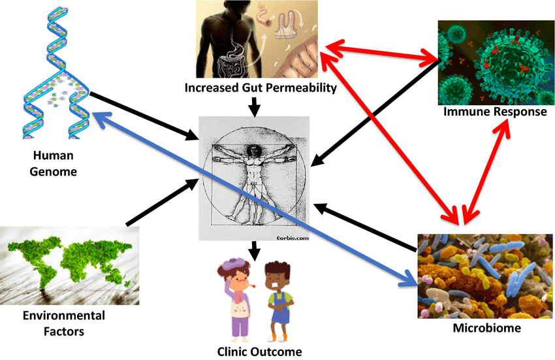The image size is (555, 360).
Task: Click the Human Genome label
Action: coord(55,164)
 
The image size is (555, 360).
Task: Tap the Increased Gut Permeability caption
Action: coord(260,87)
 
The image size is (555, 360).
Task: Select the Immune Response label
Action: coord(495,112)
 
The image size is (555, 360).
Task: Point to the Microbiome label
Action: coord(486,327)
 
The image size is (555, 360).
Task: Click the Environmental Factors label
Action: coord(63,323)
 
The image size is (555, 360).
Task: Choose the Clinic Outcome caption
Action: coord(260,352)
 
